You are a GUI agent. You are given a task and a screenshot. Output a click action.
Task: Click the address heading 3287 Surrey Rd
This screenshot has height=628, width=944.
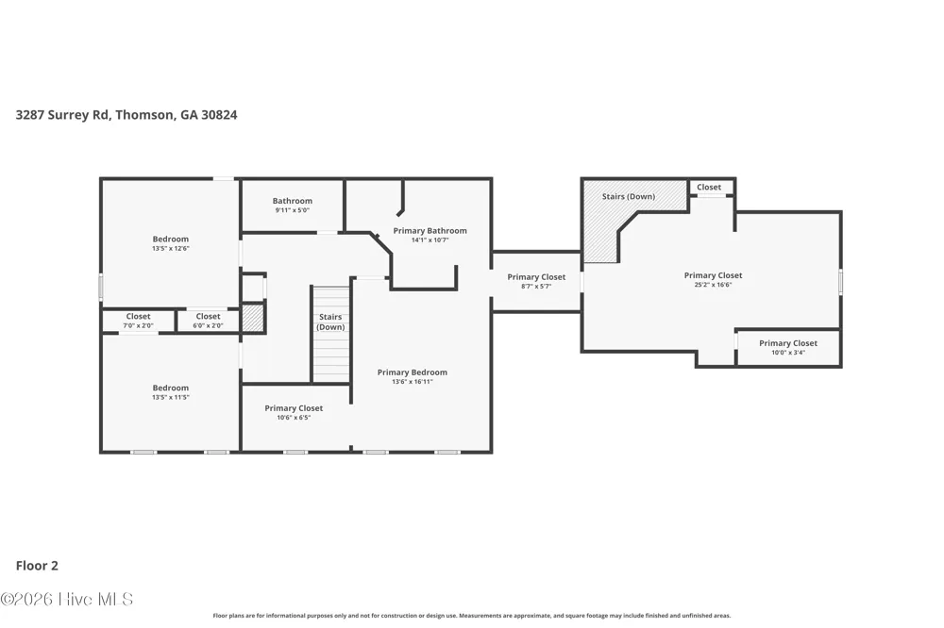pos(126,115)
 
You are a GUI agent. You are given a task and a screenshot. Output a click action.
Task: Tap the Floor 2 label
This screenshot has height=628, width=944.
pos(37,566)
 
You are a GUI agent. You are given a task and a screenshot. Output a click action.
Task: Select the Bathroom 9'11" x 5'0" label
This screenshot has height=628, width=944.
pos(293,206)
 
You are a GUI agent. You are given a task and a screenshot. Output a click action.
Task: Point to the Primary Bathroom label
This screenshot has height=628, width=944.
pos(430,235)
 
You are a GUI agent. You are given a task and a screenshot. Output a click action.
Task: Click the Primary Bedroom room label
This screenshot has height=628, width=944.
pos(413,376)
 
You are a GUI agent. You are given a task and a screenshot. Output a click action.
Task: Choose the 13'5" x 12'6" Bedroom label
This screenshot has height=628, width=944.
pos(170,243)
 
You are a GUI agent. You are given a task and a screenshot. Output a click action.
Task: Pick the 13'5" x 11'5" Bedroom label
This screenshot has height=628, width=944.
pos(170,392)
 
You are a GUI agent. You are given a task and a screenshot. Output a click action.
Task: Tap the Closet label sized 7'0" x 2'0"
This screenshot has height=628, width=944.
pos(139,321)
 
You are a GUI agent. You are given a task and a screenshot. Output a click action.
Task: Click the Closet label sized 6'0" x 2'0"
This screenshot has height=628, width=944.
pos(209,321)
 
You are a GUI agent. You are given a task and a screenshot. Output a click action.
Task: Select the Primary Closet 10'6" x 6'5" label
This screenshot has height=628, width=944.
pos(294,412)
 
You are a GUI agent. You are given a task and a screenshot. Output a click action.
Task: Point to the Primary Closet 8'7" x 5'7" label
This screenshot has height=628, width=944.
pos(536,281)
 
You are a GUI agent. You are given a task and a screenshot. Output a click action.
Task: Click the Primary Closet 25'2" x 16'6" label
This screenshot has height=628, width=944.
pos(714,280)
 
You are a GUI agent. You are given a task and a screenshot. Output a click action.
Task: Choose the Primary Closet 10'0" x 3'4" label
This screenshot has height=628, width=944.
pos(788,347)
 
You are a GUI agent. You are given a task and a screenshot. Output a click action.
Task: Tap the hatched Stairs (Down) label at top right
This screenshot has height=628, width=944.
pos(629,197)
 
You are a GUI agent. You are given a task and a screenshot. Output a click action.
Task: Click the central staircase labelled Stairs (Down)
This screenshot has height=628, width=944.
pos(330,334)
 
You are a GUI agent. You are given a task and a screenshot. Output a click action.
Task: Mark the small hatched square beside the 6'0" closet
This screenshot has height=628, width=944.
pos(253,319)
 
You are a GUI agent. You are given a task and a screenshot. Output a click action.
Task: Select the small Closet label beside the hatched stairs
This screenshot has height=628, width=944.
pos(709,187)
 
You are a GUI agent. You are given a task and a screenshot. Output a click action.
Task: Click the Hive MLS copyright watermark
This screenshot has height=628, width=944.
pos(66,599)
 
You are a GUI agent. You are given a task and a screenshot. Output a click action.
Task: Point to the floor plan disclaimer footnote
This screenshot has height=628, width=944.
pos(472,616)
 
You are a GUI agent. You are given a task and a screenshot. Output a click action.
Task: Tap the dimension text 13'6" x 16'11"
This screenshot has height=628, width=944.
pos(413,381)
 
